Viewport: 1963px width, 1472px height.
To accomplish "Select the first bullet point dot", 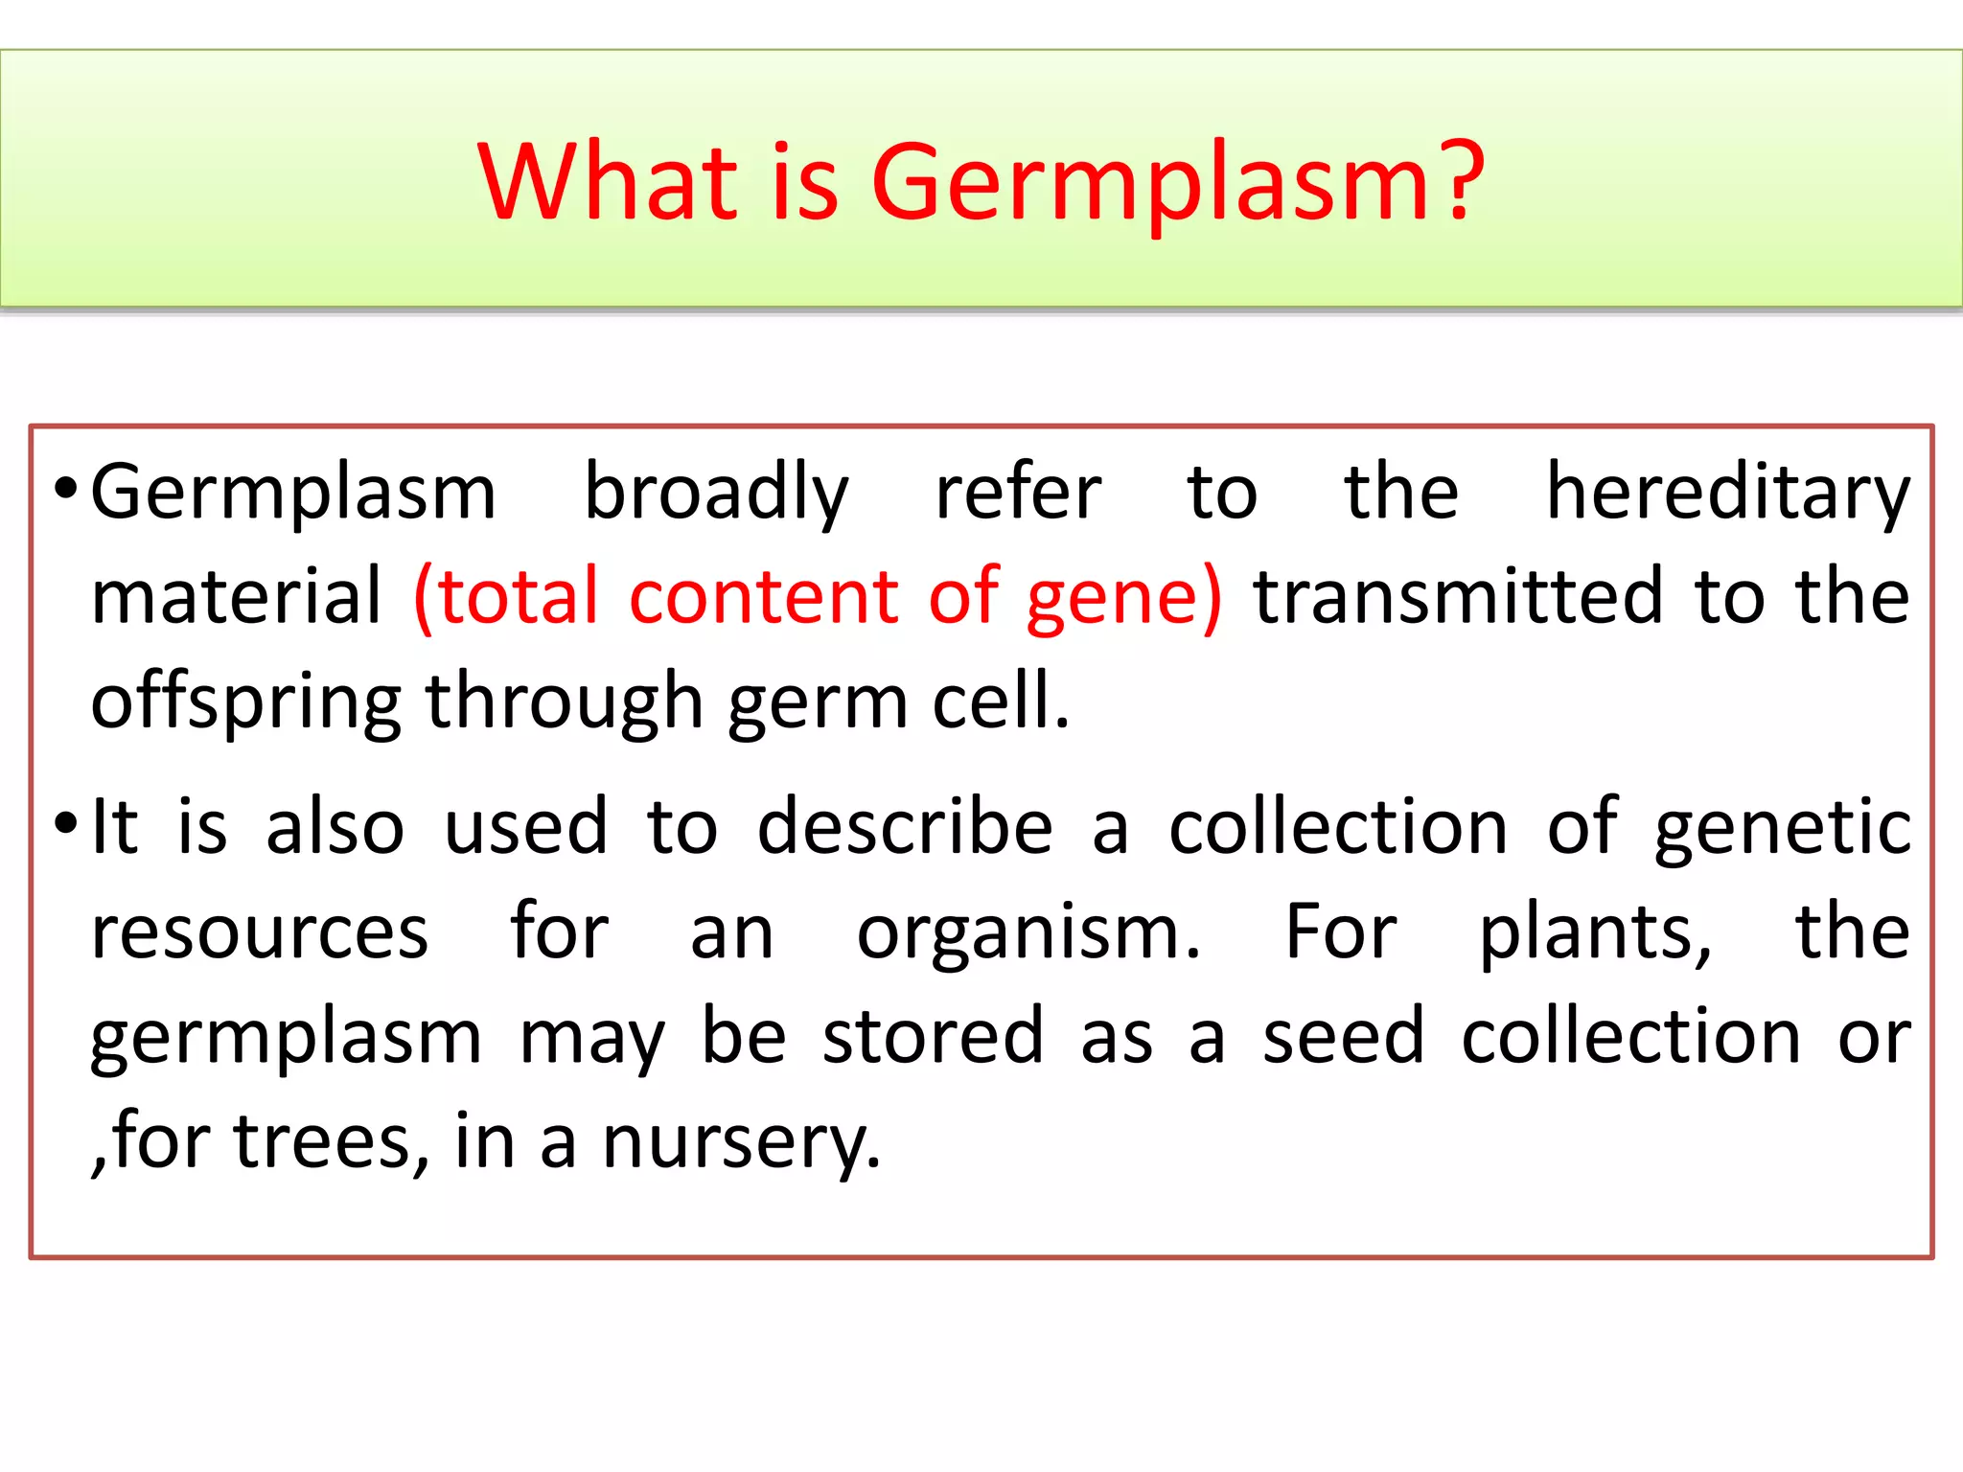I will click(64, 489).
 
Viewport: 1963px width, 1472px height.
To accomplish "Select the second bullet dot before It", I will click(64, 822).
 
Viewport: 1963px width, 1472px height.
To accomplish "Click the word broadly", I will click(716, 494).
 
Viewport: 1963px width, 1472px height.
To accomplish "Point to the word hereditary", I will click(1728, 494).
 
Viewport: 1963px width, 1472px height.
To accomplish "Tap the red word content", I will click(763, 596).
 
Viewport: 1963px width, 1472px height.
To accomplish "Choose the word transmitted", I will click(1458, 596).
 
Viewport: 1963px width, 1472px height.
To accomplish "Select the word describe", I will click(905, 826).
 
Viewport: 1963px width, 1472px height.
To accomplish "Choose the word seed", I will click(1343, 1037).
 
